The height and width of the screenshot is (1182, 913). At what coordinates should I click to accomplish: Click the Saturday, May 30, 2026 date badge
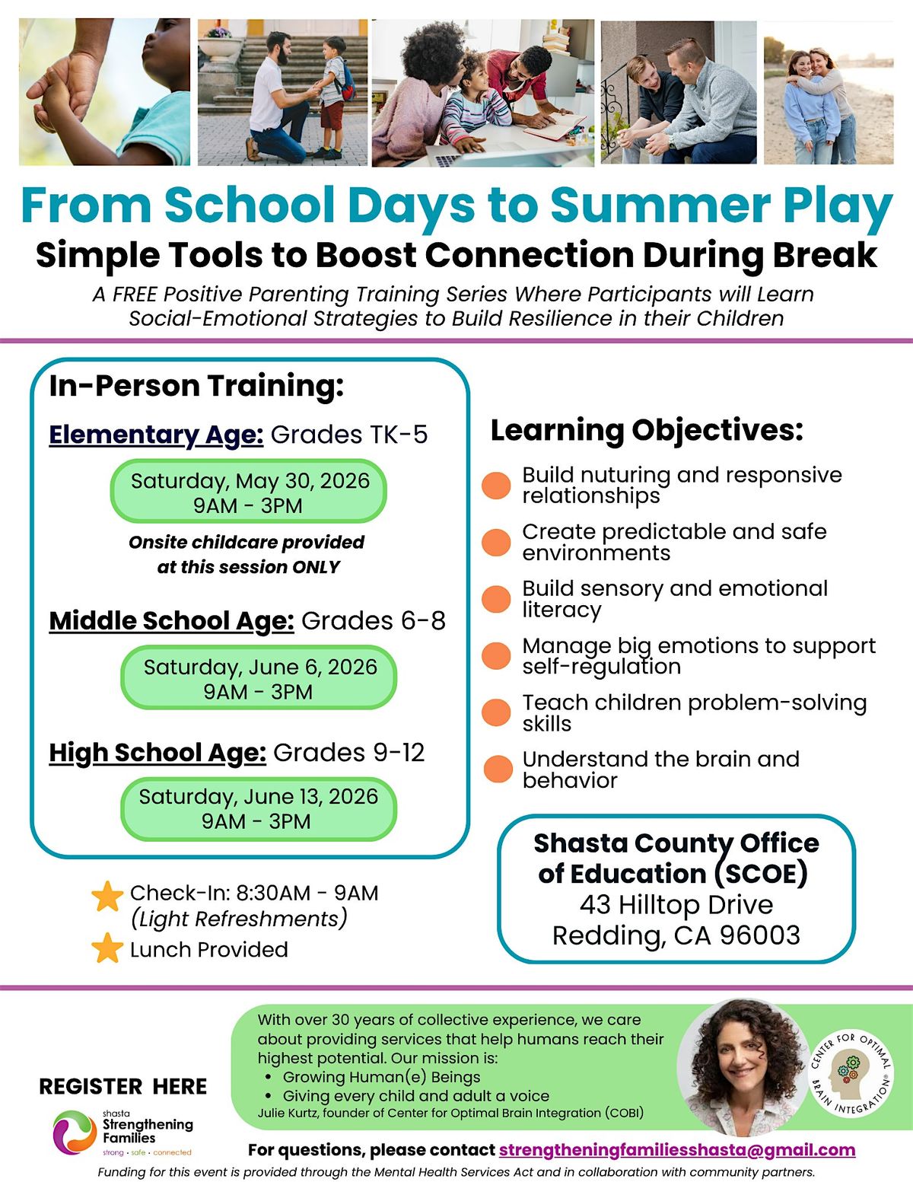point(249,492)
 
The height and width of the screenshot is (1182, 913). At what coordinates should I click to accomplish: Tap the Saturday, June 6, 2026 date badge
point(259,678)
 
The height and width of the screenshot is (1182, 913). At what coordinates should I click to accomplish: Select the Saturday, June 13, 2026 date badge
point(258,808)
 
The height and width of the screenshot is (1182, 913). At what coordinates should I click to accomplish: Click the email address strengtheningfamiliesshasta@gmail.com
point(676,1149)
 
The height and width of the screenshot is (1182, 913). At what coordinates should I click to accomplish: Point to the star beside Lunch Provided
point(107,948)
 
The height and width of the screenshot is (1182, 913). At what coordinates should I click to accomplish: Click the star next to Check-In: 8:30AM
point(107,897)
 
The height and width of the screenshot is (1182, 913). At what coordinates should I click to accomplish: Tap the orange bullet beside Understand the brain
point(498,769)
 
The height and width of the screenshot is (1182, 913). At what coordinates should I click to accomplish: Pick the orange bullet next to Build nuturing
point(496,485)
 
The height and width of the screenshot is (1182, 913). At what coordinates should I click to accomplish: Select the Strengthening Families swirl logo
point(74,1131)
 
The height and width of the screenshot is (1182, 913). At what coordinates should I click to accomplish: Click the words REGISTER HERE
point(122,1086)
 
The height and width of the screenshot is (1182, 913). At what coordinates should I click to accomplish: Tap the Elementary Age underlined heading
point(156,435)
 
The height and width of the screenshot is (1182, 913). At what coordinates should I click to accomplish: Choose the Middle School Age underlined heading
point(171,621)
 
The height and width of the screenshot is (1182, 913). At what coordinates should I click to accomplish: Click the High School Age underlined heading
point(157,753)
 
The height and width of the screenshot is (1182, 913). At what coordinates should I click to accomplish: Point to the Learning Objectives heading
point(647,430)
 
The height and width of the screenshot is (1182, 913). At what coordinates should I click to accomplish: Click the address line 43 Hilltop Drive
point(676,904)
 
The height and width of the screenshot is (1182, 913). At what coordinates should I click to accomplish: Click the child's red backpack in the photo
point(348,81)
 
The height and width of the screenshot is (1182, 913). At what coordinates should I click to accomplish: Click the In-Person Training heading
point(196,386)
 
